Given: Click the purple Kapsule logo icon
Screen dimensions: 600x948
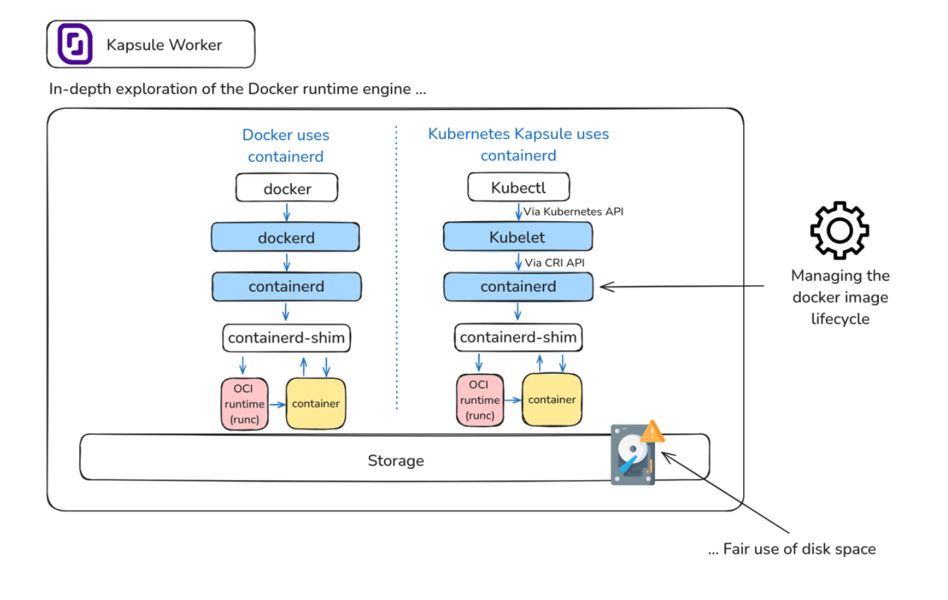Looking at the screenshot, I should point(75,44).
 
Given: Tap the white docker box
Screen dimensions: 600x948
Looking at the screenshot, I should point(287,188).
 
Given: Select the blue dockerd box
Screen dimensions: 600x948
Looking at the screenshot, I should point(286,238).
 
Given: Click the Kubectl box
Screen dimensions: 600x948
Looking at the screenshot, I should point(518,187).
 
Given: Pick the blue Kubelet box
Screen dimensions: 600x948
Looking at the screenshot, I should point(517,237).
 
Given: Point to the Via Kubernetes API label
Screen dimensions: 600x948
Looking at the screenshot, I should point(573,212).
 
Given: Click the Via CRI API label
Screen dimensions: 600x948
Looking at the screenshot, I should point(555,263).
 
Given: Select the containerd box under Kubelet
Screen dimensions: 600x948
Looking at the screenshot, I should point(518,287).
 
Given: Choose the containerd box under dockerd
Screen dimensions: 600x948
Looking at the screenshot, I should point(286,287).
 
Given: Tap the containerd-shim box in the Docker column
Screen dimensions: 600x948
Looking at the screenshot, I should point(286,338).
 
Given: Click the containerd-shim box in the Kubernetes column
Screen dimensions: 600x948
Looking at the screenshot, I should point(518,337).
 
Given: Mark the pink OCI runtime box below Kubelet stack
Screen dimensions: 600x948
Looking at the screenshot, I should point(480,400).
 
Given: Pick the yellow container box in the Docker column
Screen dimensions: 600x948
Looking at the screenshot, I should point(316,404).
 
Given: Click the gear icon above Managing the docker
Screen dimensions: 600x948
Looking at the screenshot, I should point(840,231).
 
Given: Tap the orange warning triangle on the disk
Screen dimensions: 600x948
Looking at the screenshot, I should point(652,432).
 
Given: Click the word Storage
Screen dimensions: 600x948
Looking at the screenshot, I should point(396,461).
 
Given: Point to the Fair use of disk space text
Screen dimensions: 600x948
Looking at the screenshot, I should point(799,549).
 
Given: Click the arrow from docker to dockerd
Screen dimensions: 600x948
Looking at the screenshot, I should point(287,212).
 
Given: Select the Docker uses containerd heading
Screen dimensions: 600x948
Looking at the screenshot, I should point(286,146).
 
